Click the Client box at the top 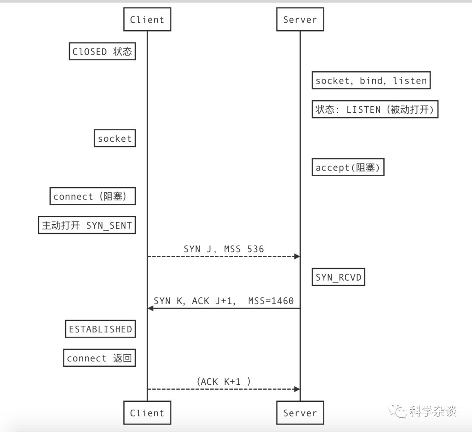pos(147,20)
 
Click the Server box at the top pos(300,20)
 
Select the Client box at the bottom pos(147,413)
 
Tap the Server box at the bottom pos(300,413)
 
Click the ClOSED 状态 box pos(102,52)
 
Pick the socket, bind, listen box pos(371,80)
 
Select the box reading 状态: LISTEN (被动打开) pos(375,109)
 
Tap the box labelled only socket pos(115,139)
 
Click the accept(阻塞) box pos(347,167)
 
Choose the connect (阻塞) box pos(93,197)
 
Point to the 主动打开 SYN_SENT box pos(87,226)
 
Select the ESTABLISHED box pos(100,329)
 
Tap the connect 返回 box pos(99,358)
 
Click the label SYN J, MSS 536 pos(224,249)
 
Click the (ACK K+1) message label pos(224,381)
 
